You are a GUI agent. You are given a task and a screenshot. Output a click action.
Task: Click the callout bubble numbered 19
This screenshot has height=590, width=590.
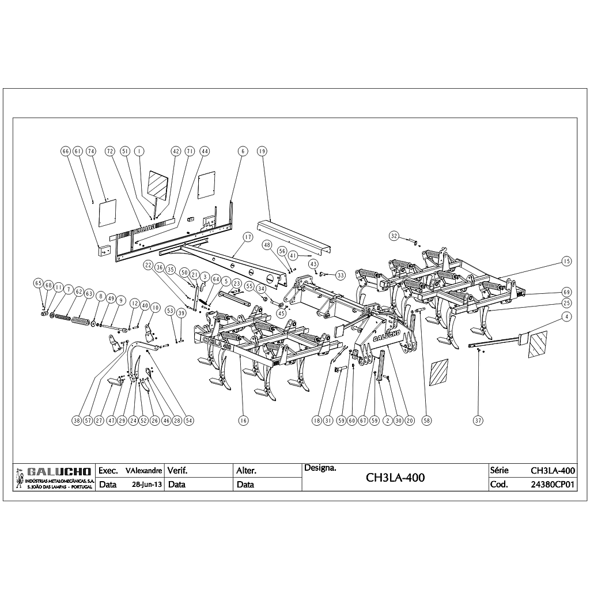point(262,151)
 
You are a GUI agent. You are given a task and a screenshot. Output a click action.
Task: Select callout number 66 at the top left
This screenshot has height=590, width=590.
point(65,151)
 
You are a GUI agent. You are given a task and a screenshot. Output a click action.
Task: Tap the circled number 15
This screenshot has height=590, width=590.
point(566,262)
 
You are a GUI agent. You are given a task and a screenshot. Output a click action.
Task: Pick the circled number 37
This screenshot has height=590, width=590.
point(478,421)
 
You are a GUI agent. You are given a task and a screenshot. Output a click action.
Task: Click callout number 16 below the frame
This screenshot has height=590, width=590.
point(243,421)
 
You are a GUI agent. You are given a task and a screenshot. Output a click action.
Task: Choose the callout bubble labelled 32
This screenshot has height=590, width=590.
point(394,236)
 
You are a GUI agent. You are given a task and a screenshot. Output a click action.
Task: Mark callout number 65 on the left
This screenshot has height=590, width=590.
point(38,283)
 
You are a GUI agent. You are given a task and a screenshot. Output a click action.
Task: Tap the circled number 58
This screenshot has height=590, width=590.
point(426,421)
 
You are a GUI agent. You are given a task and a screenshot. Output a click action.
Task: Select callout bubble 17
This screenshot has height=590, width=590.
point(248,237)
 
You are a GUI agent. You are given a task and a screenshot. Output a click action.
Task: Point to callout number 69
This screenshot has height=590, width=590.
point(566,292)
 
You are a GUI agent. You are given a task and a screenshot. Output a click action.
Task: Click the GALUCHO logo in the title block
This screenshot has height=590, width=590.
point(54,471)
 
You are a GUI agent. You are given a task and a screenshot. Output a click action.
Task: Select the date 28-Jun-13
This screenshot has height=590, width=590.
point(146,485)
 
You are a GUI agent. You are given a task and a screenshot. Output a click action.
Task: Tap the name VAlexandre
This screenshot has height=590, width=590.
point(144,471)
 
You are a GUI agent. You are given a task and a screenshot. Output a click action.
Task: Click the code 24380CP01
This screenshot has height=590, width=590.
point(553,485)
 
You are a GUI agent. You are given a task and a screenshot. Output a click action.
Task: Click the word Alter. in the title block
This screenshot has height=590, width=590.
point(246,471)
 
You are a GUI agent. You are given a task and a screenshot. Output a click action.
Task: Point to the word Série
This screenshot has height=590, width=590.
point(498,471)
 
